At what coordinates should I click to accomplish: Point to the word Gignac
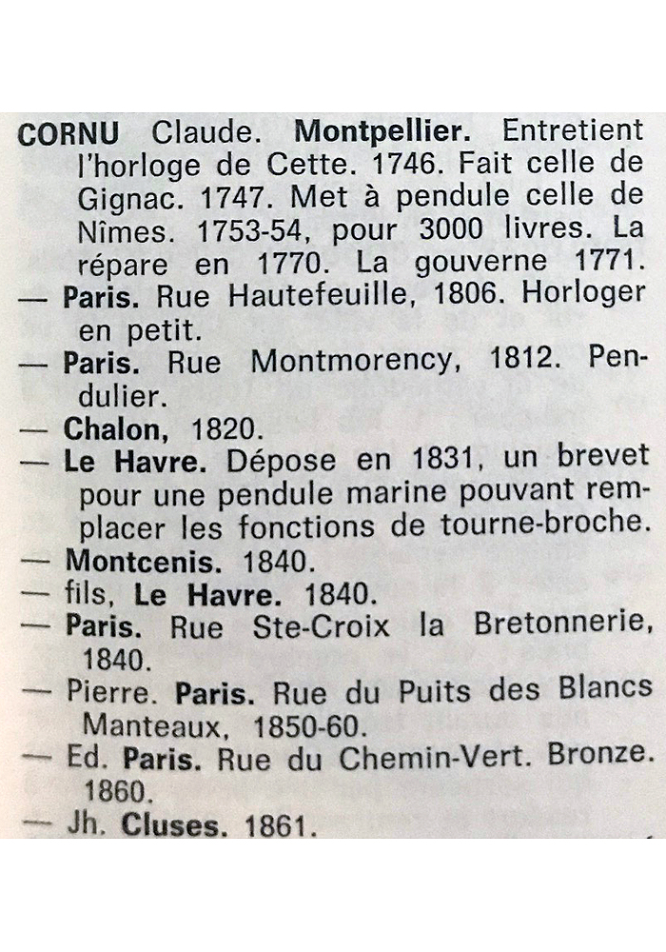(x=117, y=198)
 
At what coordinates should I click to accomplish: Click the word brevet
(x=593, y=461)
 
